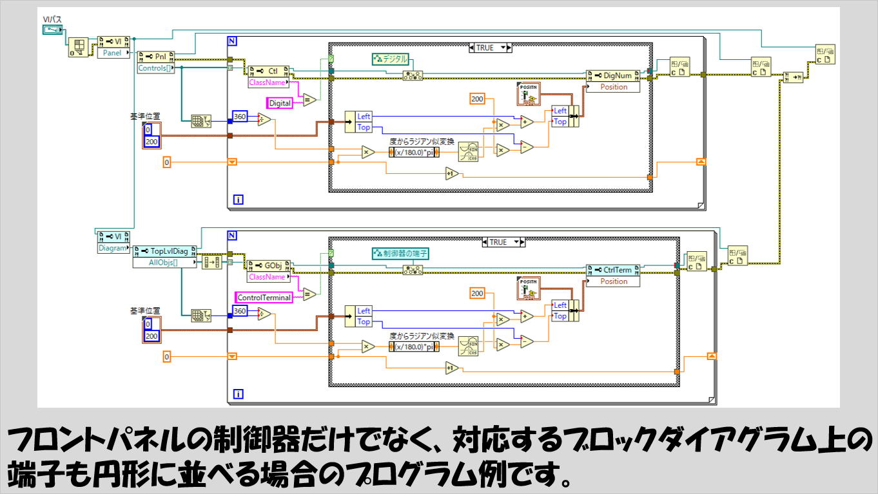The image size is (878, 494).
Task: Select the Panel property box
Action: (112, 53)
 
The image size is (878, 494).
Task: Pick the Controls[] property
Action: (155, 67)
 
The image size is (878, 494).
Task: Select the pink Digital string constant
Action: (280, 103)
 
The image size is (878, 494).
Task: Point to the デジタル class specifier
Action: (391, 59)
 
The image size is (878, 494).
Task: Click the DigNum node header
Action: (613, 75)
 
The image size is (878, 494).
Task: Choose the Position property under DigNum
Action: (613, 87)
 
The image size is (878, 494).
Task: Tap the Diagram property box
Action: (112, 247)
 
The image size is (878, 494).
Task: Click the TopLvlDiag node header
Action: (164, 251)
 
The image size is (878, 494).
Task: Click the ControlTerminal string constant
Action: (264, 298)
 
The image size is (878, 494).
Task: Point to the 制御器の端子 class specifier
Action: (400, 254)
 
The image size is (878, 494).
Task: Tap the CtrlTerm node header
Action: (613, 270)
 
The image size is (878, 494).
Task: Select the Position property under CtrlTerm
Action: (613, 281)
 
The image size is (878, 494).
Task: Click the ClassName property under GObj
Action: (266, 277)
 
